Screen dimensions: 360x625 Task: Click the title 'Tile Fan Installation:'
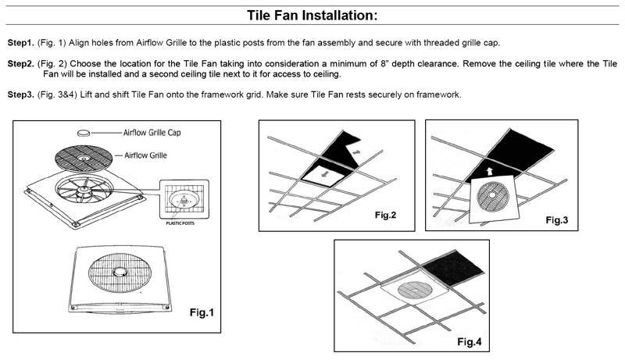click(x=312, y=15)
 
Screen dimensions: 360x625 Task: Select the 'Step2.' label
click(x=21, y=62)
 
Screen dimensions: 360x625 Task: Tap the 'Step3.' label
click(x=21, y=94)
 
